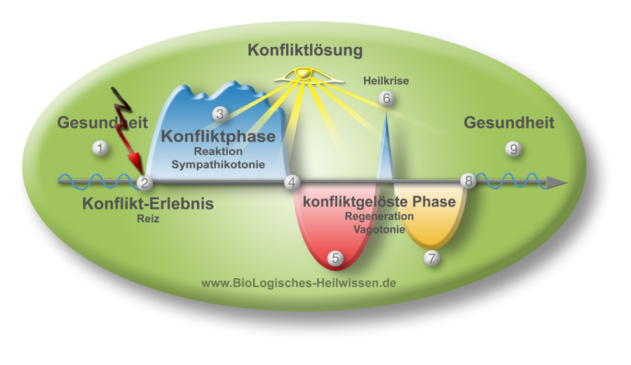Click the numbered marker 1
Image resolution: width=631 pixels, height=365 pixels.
[x=101, y=148]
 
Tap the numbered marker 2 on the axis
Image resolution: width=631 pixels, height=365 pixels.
[x=144, y=183]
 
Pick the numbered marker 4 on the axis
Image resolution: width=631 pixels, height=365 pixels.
[x=292, y=183]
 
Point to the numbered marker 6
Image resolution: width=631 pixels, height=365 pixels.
[x=386, y=98]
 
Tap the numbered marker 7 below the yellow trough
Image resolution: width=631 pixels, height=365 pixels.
[x=432, y=257]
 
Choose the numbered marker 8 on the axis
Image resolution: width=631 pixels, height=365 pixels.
[x=468, y=181]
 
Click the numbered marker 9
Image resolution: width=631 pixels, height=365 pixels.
[x=514, y=148]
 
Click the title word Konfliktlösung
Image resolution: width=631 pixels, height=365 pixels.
[x=305, y=50]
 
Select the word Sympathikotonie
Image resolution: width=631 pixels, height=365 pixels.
[x=218, y=165]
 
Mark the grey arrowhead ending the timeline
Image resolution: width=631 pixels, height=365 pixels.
[x=557, y=183]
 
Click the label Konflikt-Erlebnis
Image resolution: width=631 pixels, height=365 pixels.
[x=147, y=204]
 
